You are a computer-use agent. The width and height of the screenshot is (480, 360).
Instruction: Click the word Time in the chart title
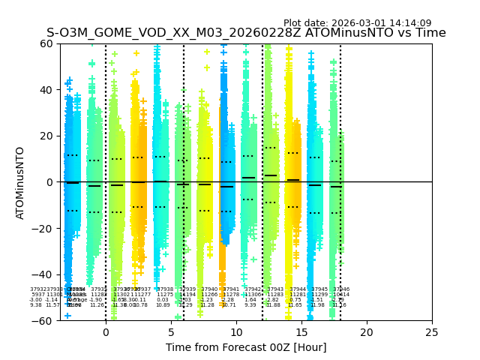[x=430, y=33]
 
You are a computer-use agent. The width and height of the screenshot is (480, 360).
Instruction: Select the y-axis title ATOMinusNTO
[x=21, y=182]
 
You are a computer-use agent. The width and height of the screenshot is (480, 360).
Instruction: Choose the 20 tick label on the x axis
[x=367, y=332]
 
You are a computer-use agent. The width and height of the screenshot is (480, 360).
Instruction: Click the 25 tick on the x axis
[x=432, y=332]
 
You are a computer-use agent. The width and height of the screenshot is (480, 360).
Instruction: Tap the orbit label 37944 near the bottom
[x=298, y=289]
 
